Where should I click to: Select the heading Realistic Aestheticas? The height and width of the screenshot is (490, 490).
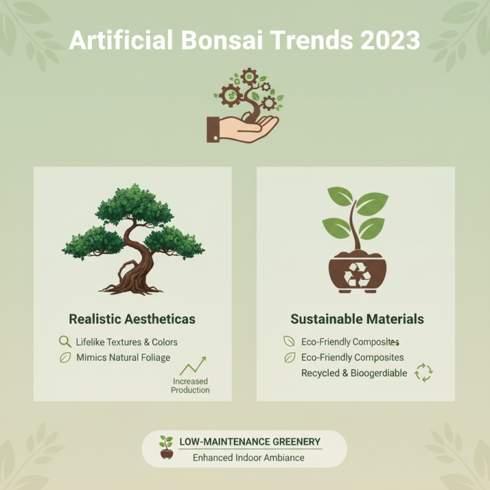(x=132, y=319)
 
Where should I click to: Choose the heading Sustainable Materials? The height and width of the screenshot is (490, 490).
(x=357, y=319)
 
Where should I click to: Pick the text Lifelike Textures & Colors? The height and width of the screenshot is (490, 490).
(x=127, y=342)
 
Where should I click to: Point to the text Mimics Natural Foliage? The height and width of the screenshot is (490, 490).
(x=123, y=357)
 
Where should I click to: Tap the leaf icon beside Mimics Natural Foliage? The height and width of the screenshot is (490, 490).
(x=65, y=358)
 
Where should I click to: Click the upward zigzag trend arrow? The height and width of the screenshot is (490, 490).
(x=193, y=366)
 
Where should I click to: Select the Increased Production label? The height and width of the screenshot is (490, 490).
(x=190, y=386)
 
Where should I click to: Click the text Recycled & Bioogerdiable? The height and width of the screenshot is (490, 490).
(x=354, y=373)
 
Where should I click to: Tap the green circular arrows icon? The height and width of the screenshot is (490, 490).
(x=424, y=372)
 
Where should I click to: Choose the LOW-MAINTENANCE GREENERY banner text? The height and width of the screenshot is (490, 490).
(x=250, y=442)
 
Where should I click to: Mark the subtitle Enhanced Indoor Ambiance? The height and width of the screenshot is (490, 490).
(x=249, y=458)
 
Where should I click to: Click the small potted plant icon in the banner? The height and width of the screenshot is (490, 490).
(x=166, y=448)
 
